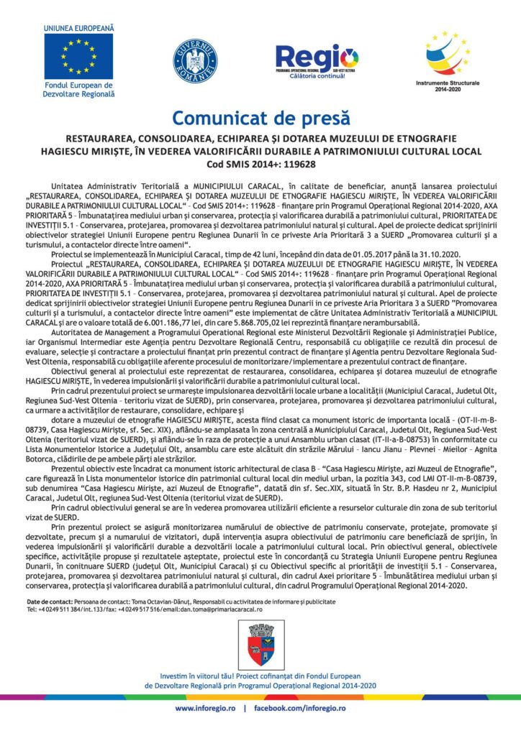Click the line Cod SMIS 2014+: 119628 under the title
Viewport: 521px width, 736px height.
(260, 164)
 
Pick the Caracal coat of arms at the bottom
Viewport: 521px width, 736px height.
(260, 643)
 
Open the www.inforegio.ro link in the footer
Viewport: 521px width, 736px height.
(206, 708)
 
